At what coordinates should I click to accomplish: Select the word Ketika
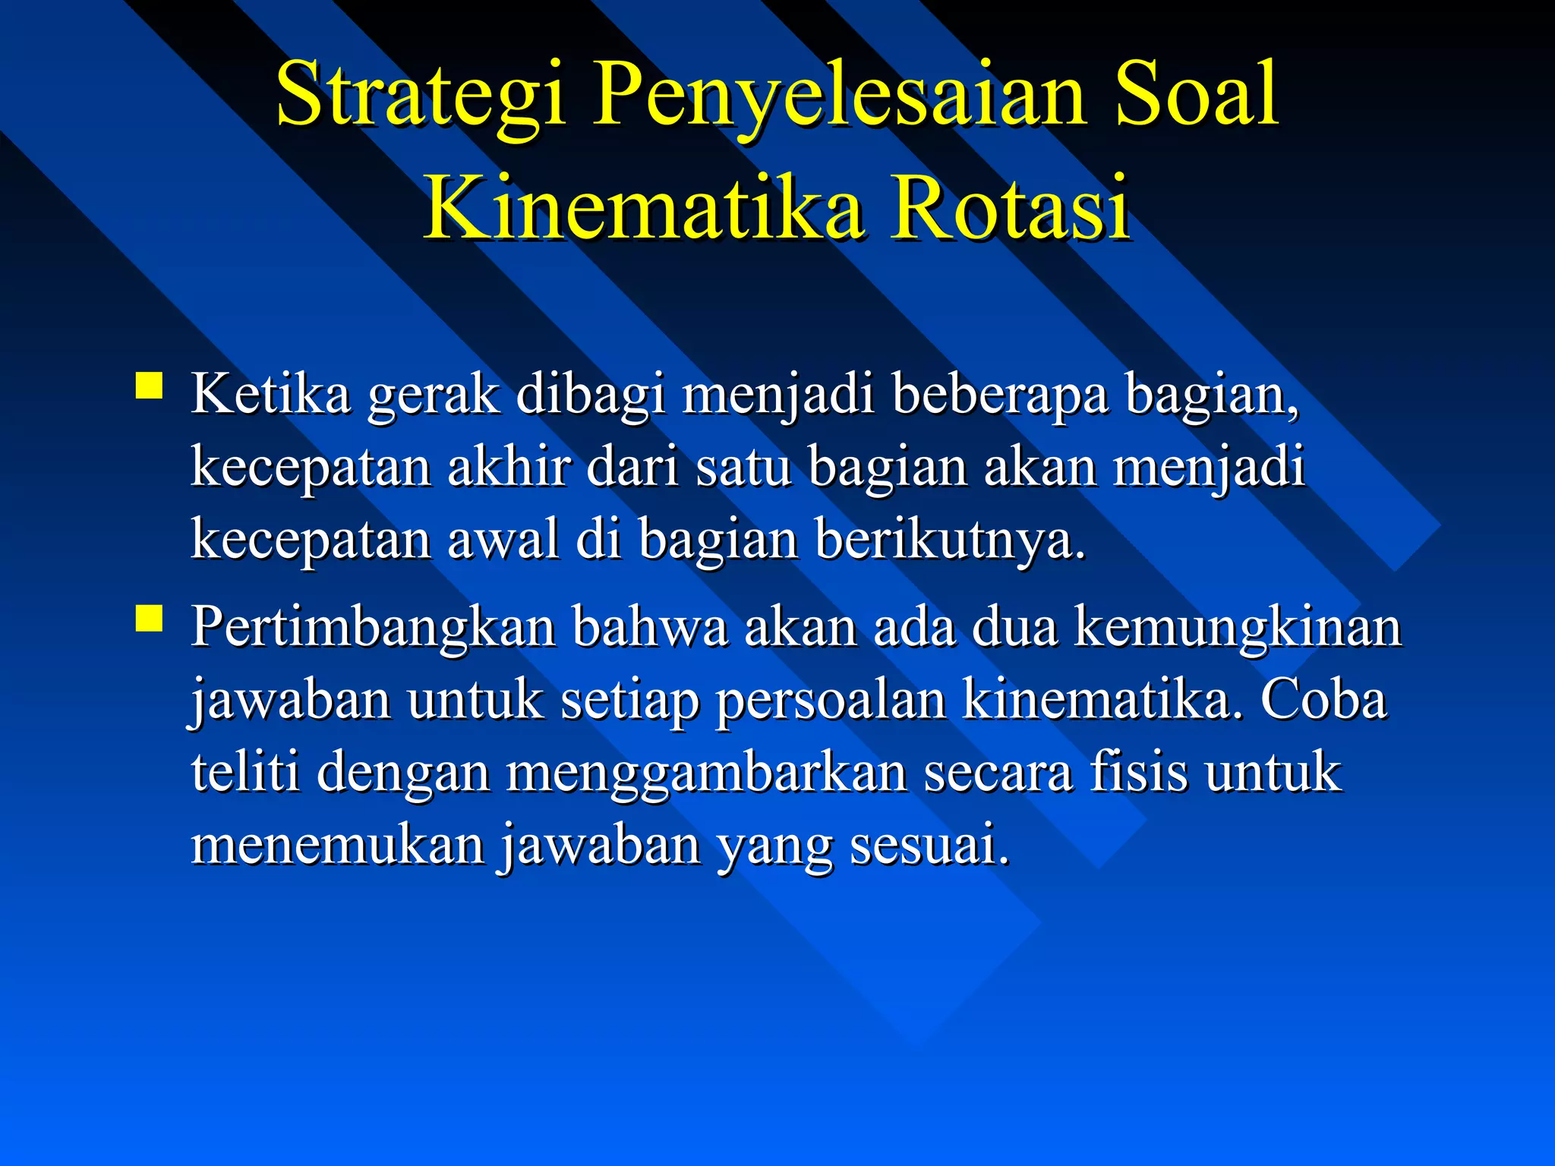(x=270, y=394)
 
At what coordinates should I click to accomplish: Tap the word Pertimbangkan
(x=373, y=629)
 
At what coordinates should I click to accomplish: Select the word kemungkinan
(x=1237, y=629)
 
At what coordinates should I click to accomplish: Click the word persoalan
(x=831, y=701)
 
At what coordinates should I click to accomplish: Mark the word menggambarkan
(x=706, y=773)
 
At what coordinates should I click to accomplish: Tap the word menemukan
(x=337, y=844)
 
